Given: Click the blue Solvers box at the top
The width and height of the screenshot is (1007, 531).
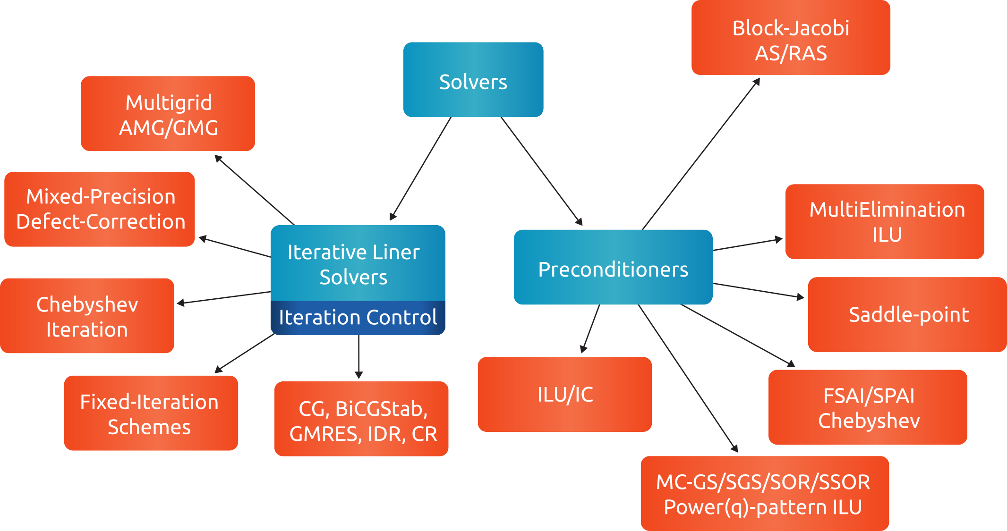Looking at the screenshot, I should [x=473, y=80].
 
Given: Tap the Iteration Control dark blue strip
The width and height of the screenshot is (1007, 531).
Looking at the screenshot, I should [x=358, y=318].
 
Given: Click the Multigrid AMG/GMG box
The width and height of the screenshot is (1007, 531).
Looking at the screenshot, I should [x=168, y=114].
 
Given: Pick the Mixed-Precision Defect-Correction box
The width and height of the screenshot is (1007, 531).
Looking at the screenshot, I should [x=100, y=209].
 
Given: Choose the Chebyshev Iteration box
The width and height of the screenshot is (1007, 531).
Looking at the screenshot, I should [x=87, y=316].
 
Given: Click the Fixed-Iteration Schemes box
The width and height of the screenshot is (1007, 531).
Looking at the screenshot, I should [x=151, y=413].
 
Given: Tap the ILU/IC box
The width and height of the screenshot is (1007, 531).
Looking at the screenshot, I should [x=564, y=394].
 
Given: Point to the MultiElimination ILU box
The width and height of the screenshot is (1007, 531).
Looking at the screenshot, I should [x=884, y=222].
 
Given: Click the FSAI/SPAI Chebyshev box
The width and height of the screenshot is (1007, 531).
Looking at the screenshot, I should [x=868, y=407].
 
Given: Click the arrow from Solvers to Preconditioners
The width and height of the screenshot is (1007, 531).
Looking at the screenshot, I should [x=541, y=171].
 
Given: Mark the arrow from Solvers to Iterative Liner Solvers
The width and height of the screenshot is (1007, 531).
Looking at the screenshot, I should [x=420, y=169].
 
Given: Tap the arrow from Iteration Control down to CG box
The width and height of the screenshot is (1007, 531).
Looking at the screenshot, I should [x=359, y=356].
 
